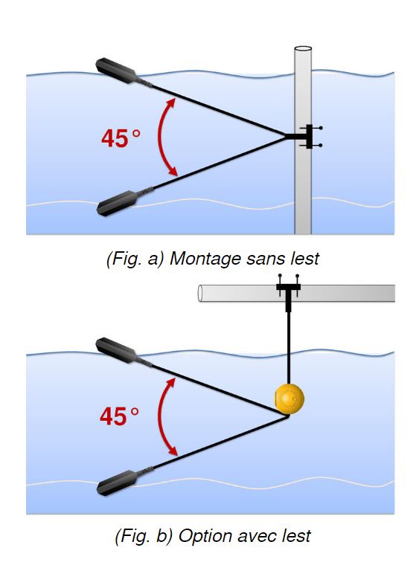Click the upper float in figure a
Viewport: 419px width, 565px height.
[x=116, y=71]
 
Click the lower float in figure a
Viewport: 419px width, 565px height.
[x=117, y=203]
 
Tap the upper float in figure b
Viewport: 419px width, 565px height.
[x=116, y=351]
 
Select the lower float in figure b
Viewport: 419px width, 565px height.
[x=117, y=482]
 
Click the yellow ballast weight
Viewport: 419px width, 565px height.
[x=290, y=399]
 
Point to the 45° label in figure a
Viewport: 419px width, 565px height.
[x=121, y=138]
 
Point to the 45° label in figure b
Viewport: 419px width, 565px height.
[x=119, y=416]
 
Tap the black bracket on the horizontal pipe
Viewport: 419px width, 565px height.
[x=288, y=293]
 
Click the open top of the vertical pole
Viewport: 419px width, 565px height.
[x=303, y=48]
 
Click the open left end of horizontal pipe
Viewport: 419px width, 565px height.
[x=200, y=294]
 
